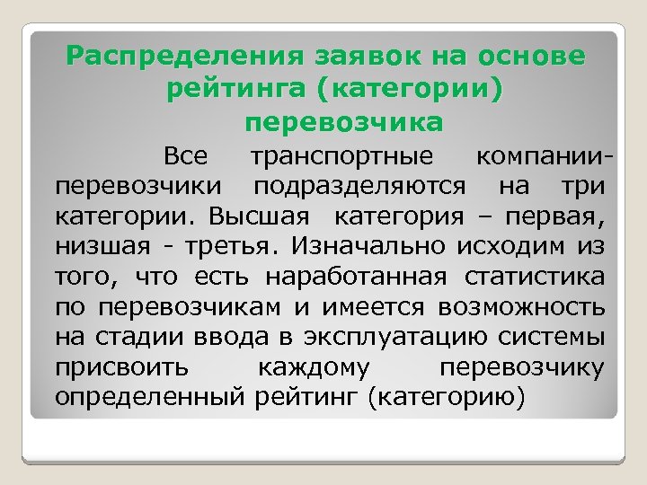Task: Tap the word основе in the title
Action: point(532,57)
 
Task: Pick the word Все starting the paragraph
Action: point(186,157)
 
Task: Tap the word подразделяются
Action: point(359,187)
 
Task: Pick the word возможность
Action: point(522,306)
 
